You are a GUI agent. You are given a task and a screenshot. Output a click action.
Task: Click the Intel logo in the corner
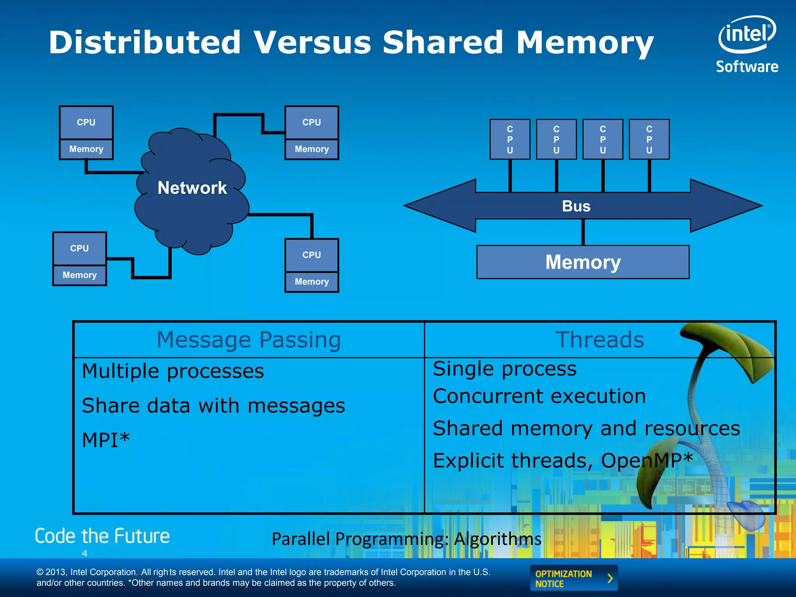(747, 35)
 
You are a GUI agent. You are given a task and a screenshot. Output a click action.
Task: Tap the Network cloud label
(192, 188)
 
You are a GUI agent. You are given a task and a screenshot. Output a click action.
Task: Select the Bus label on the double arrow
(576, 206)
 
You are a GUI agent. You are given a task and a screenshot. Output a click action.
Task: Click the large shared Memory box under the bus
(583, 262)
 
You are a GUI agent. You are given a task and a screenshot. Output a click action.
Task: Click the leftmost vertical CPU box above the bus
(510, 139)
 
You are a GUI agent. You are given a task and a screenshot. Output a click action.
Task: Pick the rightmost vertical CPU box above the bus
(649, 139)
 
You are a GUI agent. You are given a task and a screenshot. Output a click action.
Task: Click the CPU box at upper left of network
(86, 122)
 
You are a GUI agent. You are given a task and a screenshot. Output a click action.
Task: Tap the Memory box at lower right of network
(312, 281)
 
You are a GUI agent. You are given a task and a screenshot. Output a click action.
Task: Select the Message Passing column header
(249, 340)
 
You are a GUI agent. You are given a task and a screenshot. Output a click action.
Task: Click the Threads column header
(599, 340)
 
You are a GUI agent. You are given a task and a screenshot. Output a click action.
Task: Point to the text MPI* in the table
(106, 440)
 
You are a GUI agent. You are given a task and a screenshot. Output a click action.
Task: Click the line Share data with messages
(213, 406)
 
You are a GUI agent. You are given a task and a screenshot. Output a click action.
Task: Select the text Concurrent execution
(539, 396)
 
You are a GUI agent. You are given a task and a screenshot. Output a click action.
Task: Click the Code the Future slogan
(102, 536)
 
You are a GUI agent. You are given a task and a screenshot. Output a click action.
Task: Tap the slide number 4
(84, 553)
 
